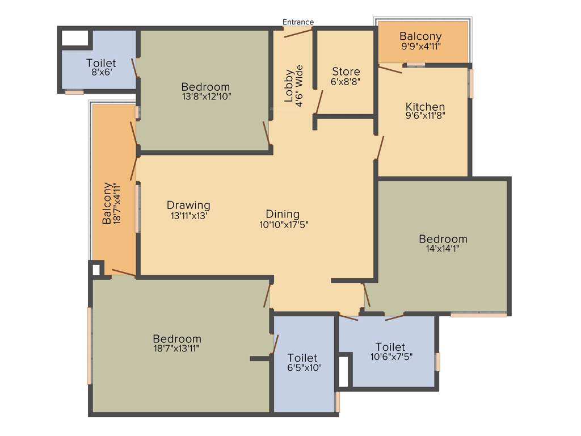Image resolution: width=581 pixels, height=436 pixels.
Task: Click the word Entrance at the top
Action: click(298, 22)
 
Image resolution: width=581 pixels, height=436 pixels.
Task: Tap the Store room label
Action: click(346, 72)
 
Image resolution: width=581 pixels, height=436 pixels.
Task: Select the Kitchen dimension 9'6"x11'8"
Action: click(425, 117)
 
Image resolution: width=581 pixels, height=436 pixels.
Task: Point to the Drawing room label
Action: click(188, 205)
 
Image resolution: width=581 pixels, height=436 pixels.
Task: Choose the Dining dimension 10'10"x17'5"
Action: click(283, 224)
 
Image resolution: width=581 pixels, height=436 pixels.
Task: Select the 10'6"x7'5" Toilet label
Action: click(390, 347)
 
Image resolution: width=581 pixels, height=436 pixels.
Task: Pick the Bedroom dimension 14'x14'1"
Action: click(443, 248)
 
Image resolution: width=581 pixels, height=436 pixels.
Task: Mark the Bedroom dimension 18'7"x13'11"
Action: click(176, 348)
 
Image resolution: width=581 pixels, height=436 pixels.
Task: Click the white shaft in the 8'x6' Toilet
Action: click(75, 38)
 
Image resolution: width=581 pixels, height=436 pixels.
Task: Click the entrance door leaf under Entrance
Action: click(298, 32)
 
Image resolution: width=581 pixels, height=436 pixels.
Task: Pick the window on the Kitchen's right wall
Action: click(470, 83)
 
